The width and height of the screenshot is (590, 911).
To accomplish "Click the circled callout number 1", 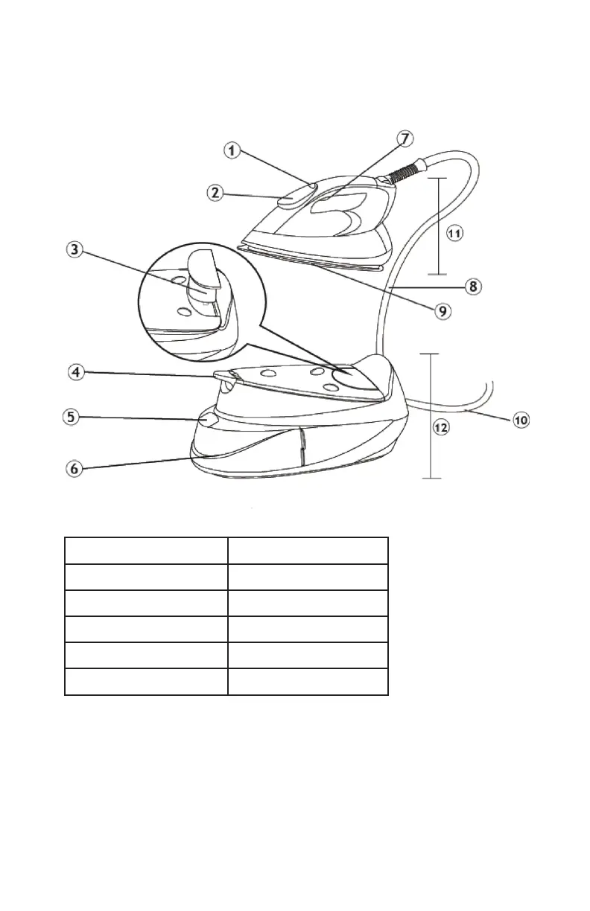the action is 232,152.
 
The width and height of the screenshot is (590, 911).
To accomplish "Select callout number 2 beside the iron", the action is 215,192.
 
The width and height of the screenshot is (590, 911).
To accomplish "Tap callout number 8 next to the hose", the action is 473,285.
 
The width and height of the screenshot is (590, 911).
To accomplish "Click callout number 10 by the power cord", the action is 521,420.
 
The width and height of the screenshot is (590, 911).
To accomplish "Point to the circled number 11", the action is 455,233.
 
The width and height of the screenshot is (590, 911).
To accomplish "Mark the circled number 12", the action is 441,428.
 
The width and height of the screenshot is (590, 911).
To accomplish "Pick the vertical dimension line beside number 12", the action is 431,415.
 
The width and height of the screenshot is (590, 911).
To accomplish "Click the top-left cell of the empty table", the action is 146,550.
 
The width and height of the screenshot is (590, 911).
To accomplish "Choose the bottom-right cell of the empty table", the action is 308,681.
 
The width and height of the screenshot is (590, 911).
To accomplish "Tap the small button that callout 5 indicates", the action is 209,419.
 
